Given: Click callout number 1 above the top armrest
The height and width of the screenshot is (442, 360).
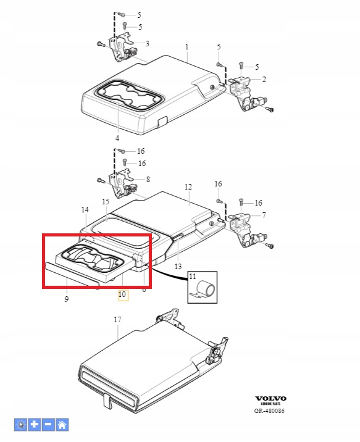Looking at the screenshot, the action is click(186, 46).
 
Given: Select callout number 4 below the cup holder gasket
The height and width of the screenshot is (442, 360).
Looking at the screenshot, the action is click(117, 138).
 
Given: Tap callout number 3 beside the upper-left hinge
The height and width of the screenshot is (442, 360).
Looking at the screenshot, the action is click(147, 44).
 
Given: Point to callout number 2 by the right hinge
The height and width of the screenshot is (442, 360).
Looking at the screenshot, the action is click(264, 79).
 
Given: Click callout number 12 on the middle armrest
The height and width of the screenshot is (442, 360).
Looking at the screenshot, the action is click(188, 187).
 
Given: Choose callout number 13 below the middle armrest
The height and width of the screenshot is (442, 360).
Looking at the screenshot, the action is click(178, 266).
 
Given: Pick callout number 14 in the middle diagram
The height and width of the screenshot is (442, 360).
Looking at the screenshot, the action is click(85, 210).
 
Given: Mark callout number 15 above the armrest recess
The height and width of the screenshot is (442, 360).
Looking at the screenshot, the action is click(106, 201).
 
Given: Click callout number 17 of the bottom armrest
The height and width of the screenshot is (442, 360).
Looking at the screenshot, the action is click(117, 319).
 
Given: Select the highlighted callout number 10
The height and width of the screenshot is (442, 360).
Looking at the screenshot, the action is click(122, 294).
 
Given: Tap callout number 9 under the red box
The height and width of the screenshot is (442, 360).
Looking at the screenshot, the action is click(67, 299).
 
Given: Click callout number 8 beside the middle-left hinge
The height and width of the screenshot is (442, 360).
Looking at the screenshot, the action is click(148, 179).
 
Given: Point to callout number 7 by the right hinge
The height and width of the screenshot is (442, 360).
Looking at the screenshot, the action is click(264, 215).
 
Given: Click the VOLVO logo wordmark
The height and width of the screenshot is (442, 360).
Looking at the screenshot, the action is click(270, 398).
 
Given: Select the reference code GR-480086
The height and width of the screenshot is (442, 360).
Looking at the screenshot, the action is click(269, 411).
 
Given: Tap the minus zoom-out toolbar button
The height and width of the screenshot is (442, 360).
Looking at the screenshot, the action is click(48, 425).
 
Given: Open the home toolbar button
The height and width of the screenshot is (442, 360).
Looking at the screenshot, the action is click(62, 425).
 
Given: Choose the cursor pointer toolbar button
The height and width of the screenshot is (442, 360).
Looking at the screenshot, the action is click(20, 425).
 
